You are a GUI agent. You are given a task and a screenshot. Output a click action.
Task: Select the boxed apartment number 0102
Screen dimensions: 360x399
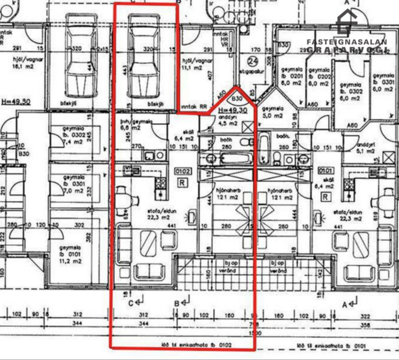pyautogui.click(x=182, y=171)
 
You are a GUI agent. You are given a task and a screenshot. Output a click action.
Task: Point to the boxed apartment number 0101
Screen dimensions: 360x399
pyautogui.click(x=325, y=171)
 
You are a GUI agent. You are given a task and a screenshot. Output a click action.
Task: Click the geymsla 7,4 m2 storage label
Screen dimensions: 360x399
pyautogui.click(x=74, y=137)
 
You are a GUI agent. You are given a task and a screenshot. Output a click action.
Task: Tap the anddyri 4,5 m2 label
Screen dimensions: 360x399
pyautogui.click(x=227, y=120)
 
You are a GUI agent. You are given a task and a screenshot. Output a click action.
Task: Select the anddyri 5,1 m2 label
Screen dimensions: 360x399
pyautogui.click(x=367, y=147)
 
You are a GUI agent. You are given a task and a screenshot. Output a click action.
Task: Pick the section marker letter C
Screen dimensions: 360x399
pyautogui.click(x=131, y=303)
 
